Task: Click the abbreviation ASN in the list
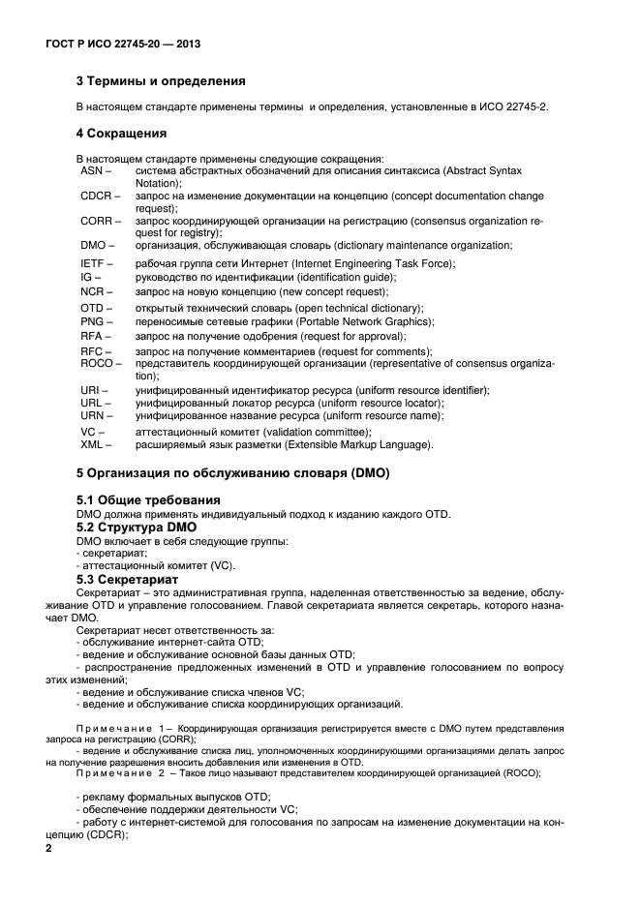(x=93, y=170)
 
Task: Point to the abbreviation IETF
(x=94, y=264)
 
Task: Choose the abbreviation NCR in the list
(x=94, y=291)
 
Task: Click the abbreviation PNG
(x=93, y=321)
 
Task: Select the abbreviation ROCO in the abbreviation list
(x=99, y=363)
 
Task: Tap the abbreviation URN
(x=94, y=415)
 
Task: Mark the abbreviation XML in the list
(x=94, y=444)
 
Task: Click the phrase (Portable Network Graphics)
(x=368, y=321)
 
